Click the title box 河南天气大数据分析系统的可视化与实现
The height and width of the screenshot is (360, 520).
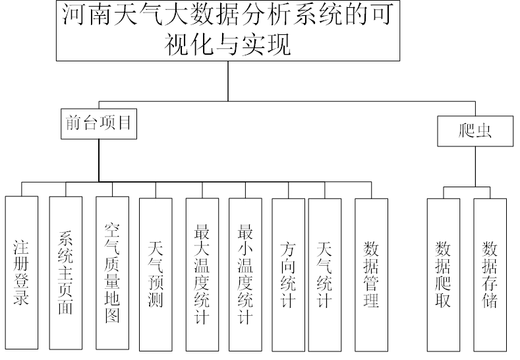click(227, 31)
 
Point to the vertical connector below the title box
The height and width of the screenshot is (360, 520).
click(228, 80)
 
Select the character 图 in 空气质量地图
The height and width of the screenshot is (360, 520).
click(112, 316)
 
